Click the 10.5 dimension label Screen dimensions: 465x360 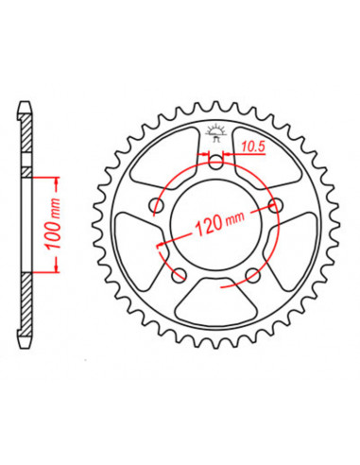click(x=250, y=146)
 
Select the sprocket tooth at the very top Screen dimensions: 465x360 click(x=216, y=102)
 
